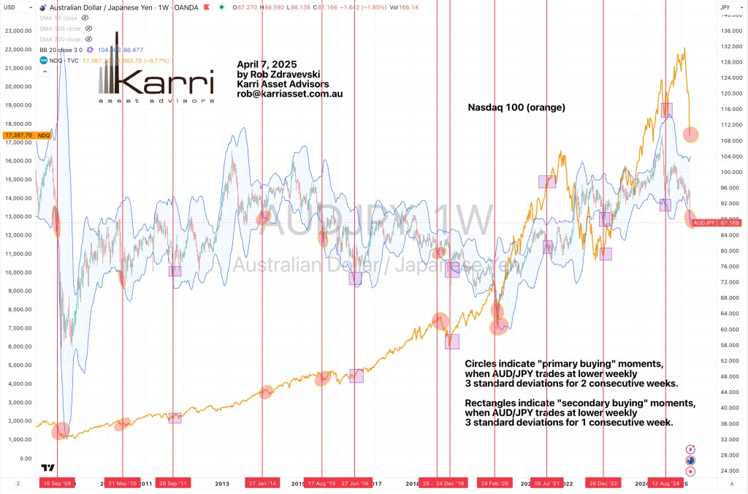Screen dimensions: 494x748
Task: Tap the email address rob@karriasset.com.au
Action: pos(290,94)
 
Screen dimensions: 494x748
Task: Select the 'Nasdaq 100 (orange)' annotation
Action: pos(516,107)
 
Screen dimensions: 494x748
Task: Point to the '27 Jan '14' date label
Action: pos(262,483)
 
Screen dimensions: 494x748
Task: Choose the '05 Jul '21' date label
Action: pos(547,483)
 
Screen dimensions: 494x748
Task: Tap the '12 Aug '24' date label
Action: pos(665,483)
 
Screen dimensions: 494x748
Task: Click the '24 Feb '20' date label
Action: pos(495,483)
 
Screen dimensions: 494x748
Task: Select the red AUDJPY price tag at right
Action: pos(704,222)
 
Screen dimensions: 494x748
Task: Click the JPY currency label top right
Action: pos(725,7)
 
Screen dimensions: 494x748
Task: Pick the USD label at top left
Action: pos(11,7)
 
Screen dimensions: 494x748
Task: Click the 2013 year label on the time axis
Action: pos(222,483)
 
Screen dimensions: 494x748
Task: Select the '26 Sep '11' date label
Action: pos(173,483)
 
